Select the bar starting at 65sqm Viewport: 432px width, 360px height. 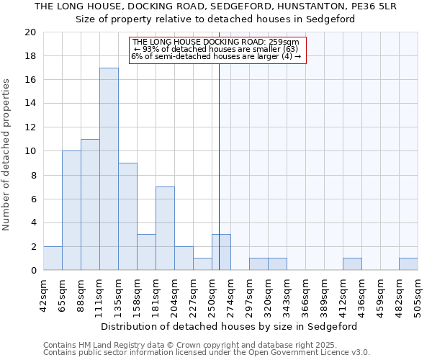pyautogui.click(x=71, y=210)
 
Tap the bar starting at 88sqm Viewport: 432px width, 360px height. pyautogui.click(x=90, y=204)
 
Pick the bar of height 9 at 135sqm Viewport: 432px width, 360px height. pyautogui.click(x=127, y=217)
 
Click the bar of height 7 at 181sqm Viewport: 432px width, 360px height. pyautogui.click(x=165, y=228)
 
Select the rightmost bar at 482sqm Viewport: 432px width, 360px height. pyautogui.click(x=408, y=264)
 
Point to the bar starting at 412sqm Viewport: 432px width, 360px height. pyautogui.click(x=352, y=264)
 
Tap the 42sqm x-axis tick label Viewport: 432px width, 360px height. pyautogui.click(x=44, y=293)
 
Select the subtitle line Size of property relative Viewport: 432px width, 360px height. pyautogui.click(x=216, y=19)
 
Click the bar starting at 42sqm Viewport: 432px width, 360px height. pyautogui.click(x=53, y=258)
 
